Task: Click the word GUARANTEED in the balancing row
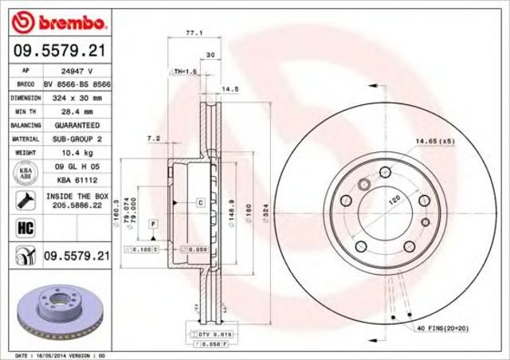click(76, 126)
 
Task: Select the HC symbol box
click(22, 229)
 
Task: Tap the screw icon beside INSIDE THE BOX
click(22, 199)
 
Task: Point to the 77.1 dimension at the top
click(191, 33)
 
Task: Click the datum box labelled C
click(200, 204)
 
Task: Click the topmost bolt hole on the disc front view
click(386, 170)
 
